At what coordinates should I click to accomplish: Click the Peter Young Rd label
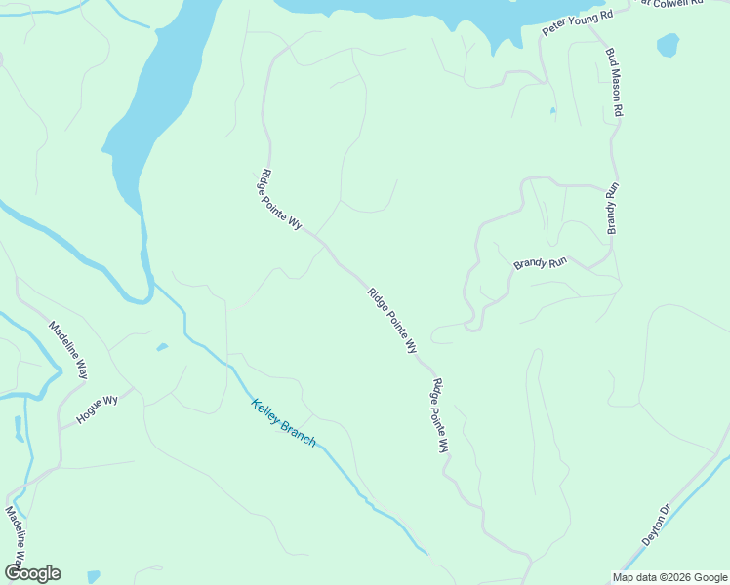(x=577, y=23)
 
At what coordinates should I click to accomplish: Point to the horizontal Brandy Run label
(x=541, y=263)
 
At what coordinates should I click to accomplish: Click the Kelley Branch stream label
(x=284, y=422)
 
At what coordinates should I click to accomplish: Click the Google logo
(x=32, y=573)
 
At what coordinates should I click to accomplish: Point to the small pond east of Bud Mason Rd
(x=668, y=45)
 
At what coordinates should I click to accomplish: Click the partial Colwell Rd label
(x=672, y=3)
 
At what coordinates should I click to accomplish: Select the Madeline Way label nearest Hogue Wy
(x=69, y=350)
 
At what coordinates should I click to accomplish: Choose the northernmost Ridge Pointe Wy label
(x=280, y=199)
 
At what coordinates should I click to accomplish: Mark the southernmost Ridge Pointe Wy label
(x=440, y=415)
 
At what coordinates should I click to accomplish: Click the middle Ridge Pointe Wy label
(x=392, y=320)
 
